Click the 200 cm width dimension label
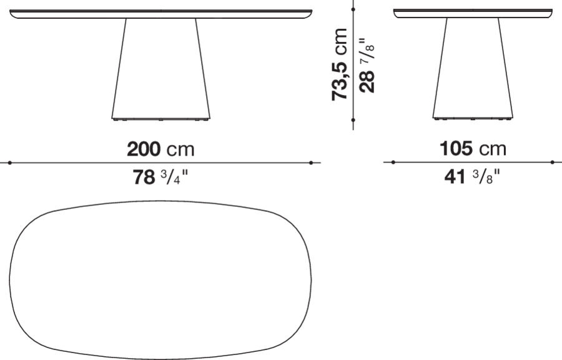tap(160, 149)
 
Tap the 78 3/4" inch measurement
tap(160, 178)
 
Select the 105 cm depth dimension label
tap(473, 149)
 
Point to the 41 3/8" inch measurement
tap(473, 178)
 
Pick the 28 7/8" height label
tap(368, 64)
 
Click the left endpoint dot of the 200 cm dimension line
tap(10, 162)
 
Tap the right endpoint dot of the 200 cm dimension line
tap(311, 162)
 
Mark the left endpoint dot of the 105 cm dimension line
tap(393, 162)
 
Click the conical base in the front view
tap(160, 69)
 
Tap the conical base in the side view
tap(473, 69)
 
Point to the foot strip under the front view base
tap(160, 117)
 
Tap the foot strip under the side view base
tap(473, 117)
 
